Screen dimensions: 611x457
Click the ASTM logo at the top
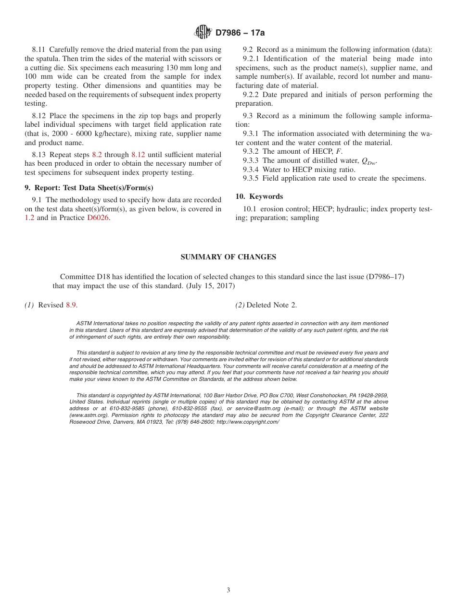point(203,32)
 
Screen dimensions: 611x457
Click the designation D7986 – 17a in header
point(240,33)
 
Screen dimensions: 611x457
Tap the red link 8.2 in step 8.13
point(97,155)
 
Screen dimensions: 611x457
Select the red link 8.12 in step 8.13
point(138,155)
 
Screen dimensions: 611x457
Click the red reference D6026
point(98,218)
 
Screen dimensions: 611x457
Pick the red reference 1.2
point(29,218)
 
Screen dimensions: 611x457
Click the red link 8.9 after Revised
point(71,305)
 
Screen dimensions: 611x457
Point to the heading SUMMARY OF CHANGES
point(228,257)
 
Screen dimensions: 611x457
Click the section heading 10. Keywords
point(259,196)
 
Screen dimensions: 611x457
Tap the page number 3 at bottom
point(228,590)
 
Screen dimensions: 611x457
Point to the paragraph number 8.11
point(39,49)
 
